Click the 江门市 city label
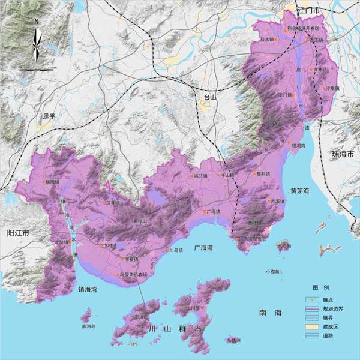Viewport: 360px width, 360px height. [x=310, y=11]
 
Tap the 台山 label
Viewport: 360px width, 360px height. [x=209, y=100]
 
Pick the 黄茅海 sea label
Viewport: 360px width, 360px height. [x=299, y=190]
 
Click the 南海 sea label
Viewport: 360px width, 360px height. [x=270, y=313]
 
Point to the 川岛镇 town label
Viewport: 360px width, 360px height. [x=175, y=250]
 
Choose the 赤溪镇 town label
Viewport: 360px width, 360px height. [x=277, y=202]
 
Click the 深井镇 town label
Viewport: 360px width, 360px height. [x=114, y=203]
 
